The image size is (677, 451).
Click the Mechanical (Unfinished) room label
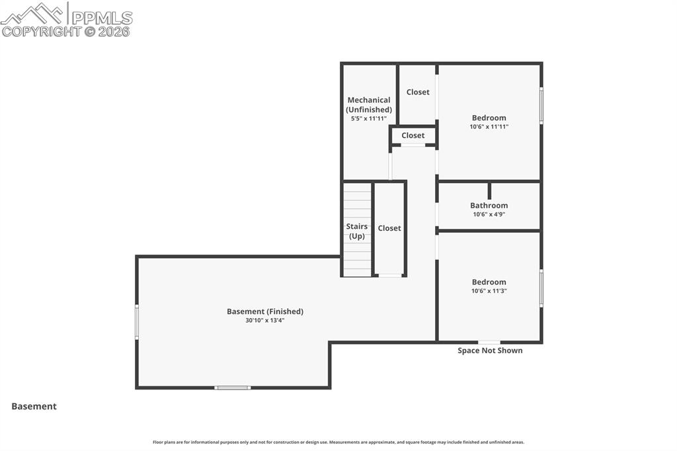[369, 104]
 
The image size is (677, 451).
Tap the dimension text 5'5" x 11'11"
[369, 118]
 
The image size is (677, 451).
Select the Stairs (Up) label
[357, 231]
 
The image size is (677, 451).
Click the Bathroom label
[489, 206]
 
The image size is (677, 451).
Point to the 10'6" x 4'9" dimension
[489, 214]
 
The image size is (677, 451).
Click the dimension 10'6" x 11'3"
[489, 291]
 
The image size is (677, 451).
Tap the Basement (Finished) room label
[265, 311]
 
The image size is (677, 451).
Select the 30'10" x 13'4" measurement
[265, 321]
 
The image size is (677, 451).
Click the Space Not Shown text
[490, 350]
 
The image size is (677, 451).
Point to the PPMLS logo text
[102, 18]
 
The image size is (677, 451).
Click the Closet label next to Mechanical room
[418, 92]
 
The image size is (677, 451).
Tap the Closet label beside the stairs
[389, 228]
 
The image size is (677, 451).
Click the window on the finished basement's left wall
[137, 322]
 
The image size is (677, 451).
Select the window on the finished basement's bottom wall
[233, 388]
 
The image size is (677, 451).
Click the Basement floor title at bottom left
[34, 407]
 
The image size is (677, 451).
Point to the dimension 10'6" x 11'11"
[489, 126]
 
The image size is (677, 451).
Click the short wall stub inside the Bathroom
[489, 190]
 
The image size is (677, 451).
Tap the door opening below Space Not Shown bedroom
[489, 342]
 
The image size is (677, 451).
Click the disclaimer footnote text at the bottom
[338, 442]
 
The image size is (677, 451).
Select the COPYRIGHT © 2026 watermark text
[65, 32]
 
